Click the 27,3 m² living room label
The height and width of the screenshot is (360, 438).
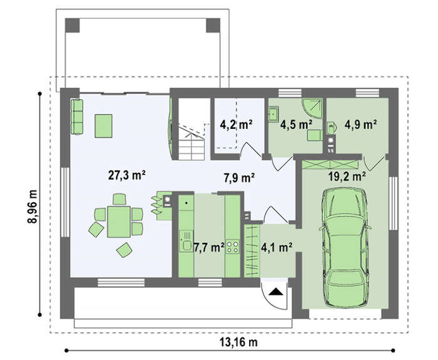126,175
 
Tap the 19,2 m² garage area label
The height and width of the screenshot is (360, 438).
347,177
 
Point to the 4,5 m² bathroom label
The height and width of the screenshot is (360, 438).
296,125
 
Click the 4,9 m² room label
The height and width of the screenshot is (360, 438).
360,125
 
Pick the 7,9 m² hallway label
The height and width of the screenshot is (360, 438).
239,177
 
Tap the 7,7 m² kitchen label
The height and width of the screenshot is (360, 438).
209,248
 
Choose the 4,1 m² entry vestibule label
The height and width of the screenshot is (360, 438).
277,247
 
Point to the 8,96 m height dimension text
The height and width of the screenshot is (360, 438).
33,207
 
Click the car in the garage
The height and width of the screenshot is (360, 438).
345,248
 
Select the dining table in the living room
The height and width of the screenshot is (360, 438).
119,222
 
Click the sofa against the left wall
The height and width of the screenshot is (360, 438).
77,116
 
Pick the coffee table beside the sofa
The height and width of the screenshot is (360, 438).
103,126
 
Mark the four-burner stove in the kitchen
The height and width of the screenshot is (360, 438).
232,247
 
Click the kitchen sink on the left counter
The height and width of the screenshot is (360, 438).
186,241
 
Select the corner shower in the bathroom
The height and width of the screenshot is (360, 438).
312,109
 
